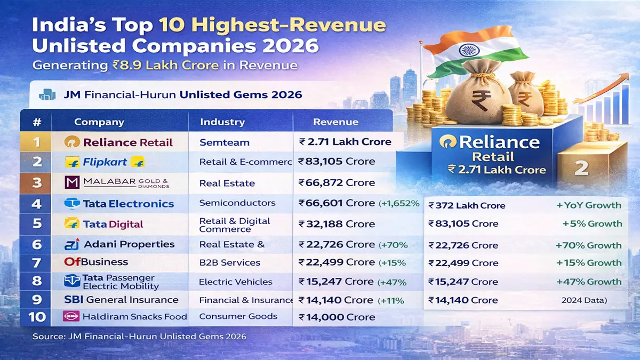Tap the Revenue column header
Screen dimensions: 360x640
tap(335, 122)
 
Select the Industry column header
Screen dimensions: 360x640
tap(222, 122)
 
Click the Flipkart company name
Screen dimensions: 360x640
tap(105, 162)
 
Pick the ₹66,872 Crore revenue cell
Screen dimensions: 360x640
tap(337, 183)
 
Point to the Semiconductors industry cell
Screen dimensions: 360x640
tap(237, 203)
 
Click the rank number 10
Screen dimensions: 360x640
tap(37, 317)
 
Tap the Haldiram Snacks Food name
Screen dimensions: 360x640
tap(134, 317)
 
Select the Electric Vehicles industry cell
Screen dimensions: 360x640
tap(235, 282)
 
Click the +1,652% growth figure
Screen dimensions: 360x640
tap(399, 203)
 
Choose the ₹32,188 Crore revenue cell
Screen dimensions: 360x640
tap(336, 224)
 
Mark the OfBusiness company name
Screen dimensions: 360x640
tap(96, 262)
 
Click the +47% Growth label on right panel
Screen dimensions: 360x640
tap(588, 282)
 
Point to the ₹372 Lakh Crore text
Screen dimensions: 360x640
tap(467, 205)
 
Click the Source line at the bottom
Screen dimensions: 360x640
tap(139, 337)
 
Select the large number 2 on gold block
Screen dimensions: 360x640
tap(581, 169)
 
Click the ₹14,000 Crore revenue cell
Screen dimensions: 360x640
tap(337, 317)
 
